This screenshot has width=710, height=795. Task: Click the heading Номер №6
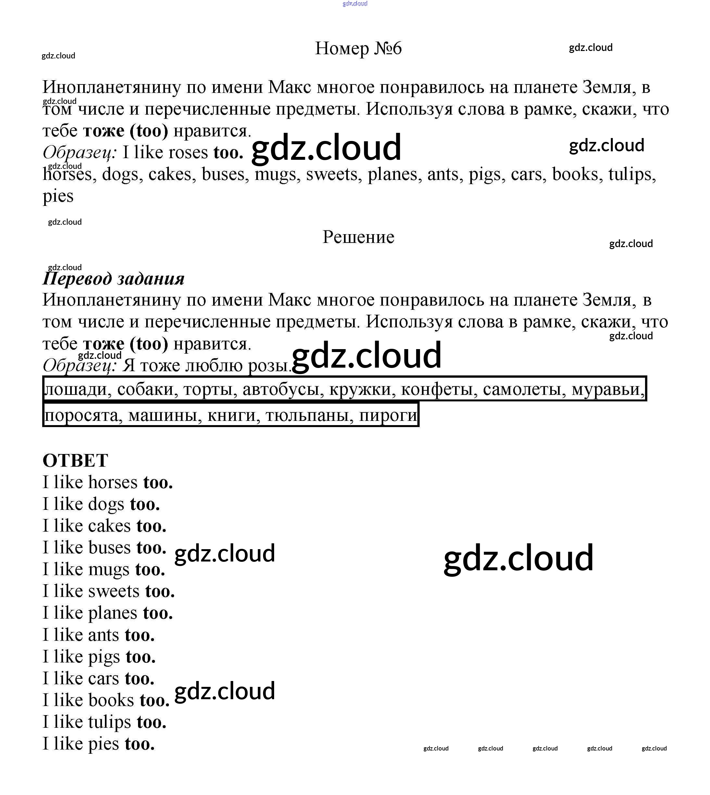pyautogui.click(x=358, y=48)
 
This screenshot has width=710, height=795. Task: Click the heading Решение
pyautogui.click(x=358, y=237)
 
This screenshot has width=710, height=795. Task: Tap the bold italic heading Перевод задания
pyautogui.click(x=113, y=279)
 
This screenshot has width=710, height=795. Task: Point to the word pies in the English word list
pyautogui.click(x=58, y=196)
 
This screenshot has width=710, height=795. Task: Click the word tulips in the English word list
pyautogui.click(x=632, y=174)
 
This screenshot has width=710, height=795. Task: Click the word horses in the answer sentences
pyautogui.click(x=113, y=483)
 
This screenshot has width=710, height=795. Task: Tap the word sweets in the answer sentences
pyautogui.click(x=114, y=591)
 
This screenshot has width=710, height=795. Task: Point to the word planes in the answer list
pyautogui.click(x=112, y=613)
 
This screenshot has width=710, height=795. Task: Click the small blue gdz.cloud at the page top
pyautogui.click(x=355, y=4)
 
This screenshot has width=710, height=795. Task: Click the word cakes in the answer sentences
pyautogui.click(x=109, y=526)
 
